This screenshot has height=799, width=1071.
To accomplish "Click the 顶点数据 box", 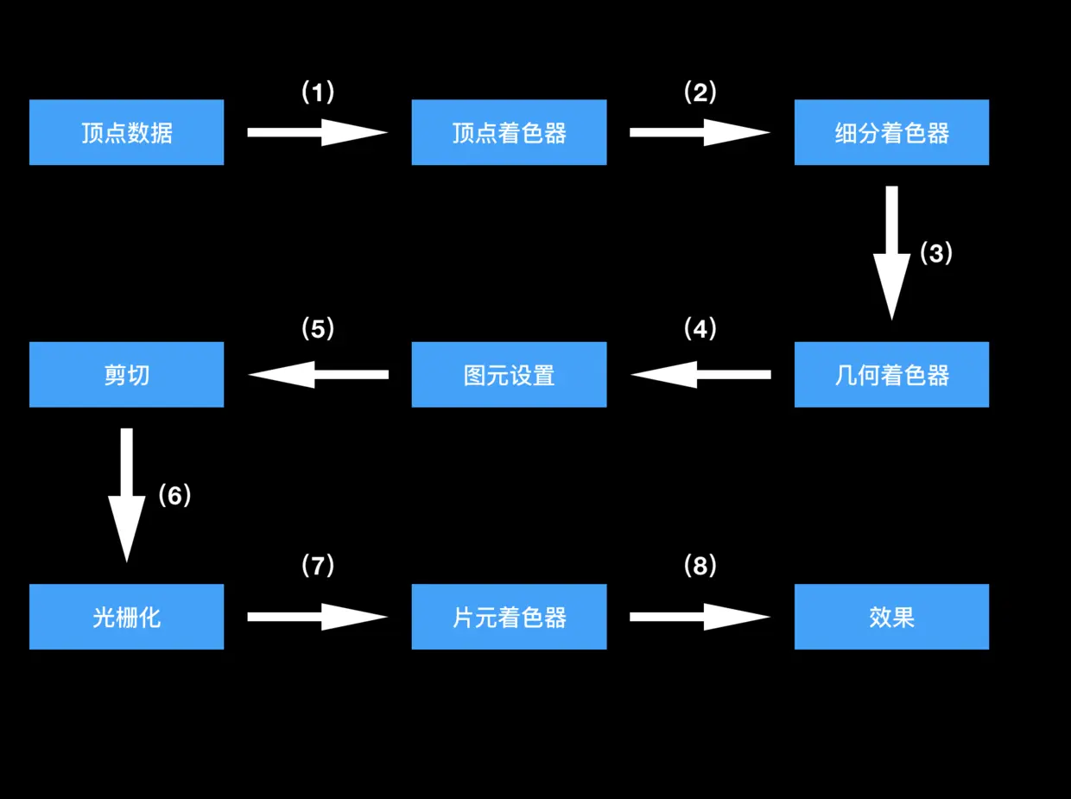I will coord(126,132).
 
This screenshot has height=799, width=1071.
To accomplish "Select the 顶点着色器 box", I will coord(509,132).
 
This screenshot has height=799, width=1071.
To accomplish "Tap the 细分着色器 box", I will coord(891,132).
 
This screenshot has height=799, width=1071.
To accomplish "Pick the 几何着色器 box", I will coord(891,374).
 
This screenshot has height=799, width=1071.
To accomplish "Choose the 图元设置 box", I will coord(509,374).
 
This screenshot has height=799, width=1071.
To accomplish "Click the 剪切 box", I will coord(126,374).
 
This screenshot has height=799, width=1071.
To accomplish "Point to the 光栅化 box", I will coord(126,617).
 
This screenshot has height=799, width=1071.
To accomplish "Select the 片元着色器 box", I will coord(509,617).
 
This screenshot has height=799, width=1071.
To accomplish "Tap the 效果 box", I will coord(891,617).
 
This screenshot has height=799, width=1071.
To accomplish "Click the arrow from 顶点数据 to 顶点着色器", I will coord(317,132).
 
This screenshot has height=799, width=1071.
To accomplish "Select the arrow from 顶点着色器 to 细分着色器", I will coord(700,132).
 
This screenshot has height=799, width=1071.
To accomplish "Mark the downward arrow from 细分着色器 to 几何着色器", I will coord(891,252).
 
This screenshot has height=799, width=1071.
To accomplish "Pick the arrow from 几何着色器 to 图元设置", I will coord(700,374).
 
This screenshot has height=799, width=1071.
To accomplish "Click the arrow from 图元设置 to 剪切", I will coord(318,374).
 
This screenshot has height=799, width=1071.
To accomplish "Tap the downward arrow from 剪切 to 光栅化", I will coord(126,495).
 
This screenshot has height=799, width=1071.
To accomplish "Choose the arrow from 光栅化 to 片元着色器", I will coord(317,617).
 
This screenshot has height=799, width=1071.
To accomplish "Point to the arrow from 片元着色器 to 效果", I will coord(700,617).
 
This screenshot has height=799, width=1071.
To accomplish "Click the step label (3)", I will coord(936,253).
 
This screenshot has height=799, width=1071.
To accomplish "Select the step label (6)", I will coord(174,495).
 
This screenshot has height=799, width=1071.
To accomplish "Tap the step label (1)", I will coord(317,92).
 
